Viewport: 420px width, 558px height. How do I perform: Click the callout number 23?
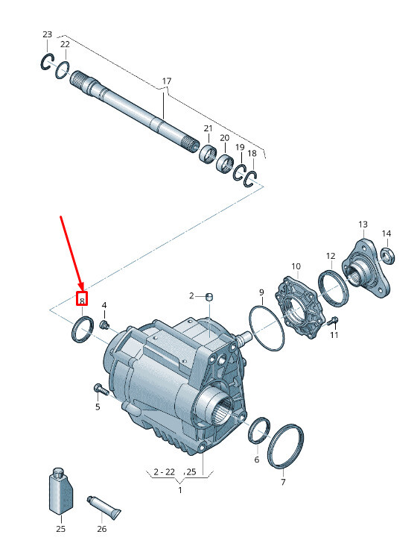coord(48,35)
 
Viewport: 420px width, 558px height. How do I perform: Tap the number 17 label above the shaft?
coord(166,81)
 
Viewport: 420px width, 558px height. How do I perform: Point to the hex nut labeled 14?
coord(386,257)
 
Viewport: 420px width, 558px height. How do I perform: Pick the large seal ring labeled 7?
coord(285,448)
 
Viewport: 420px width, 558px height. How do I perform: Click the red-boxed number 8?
coord(83,300)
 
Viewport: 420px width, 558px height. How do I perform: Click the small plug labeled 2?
coord(209,296)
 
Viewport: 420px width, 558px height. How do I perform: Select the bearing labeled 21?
coord(209,154)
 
